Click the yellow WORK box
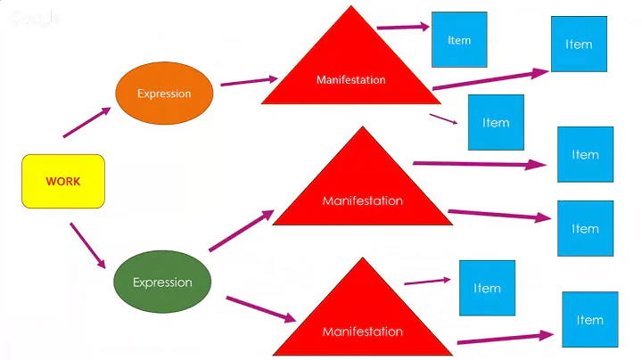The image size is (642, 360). tap(63, 182)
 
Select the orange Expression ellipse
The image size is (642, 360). tap(164, 93)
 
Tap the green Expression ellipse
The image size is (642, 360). tap(162, 282)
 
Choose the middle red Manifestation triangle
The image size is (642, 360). tap(362, 191)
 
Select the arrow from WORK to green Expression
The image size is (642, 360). tap(87, 246)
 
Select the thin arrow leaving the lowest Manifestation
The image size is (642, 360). tap(427, 282)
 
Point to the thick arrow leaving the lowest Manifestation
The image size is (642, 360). tap(505, 339)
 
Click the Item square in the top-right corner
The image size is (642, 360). tap(579, 44)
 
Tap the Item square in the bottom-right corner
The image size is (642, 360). tap(589, 320)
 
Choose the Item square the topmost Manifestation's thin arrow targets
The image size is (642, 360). tap(496, 122)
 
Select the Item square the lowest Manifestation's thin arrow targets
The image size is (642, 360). tap(487, 288)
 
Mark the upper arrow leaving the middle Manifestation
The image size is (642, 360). tap(480, 164)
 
